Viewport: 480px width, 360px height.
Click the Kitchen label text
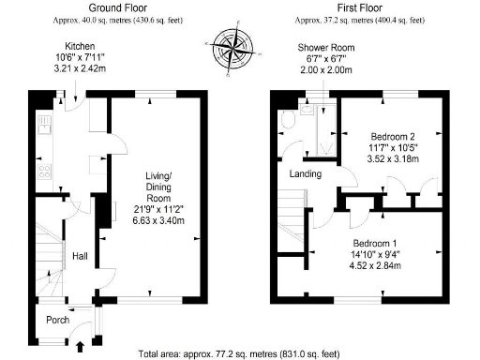[78, 46]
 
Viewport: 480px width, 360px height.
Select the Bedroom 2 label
[391, 138]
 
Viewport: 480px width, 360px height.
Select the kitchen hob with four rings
[42, 172]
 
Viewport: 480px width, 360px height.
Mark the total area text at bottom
[239, 354]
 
